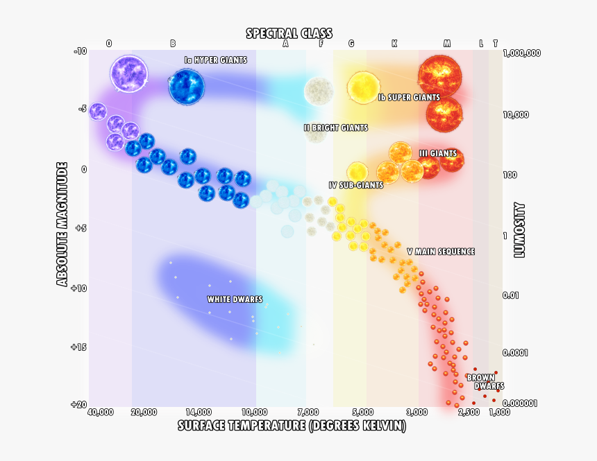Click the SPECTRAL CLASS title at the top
point(289,33)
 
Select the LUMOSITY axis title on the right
point(519,230)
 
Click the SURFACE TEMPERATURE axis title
point(292,425)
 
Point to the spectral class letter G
point(351,44)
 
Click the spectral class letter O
point(109,44)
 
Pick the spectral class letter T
point(495,44)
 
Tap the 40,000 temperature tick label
point(101,412)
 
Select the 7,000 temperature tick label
point(309,412)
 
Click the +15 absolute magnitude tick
point(78,347)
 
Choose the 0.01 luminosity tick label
point(511,296)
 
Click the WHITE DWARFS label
point(235,299)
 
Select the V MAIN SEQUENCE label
point(440,252)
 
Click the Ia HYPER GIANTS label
point(215,60)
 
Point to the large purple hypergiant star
point(129,73)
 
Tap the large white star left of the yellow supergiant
point(319,89)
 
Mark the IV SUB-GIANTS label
point(355,185)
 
